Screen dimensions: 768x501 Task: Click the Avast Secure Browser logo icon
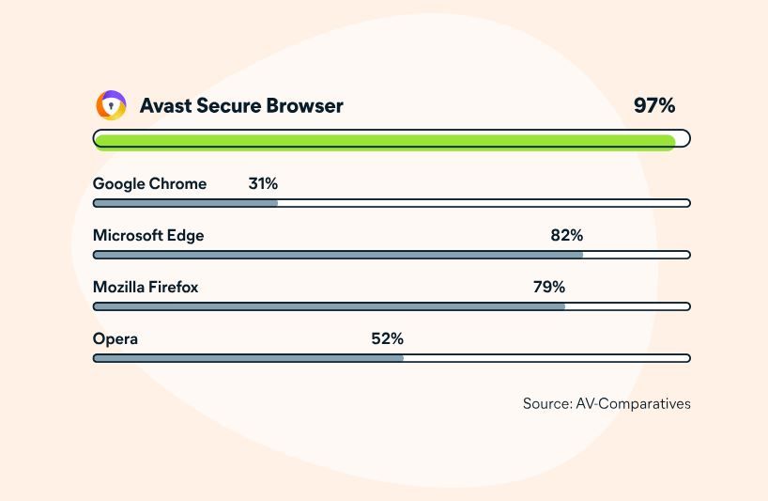pyautogui.click(x=111, y=105)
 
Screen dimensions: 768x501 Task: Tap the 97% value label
pyautogui.click(x=654, y=105)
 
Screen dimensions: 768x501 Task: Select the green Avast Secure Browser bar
pyautogui.click(x=385, y=141)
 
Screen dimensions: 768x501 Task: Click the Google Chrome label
pyautogui.click(x=149, y=184)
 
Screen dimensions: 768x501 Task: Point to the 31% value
pyautogui.click(x=263, y=183)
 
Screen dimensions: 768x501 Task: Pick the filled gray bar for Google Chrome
pyautogui.click(x=186, y=203)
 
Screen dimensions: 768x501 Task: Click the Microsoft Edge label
pyautogui.click(x=148, y=235)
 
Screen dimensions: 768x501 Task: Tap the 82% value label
pyautogui.click(x=567, y=235)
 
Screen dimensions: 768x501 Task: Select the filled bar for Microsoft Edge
pyautogui.click(x=338, y=255)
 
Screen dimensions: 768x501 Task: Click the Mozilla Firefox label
pyautogui.click(x=146, y=287)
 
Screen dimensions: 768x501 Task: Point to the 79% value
pyautogui.click(x=549, y=287)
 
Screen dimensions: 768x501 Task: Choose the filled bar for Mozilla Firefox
pyautogui.click(x=330, y=306)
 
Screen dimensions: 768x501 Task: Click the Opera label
pyautogui.click(x=115, y=338)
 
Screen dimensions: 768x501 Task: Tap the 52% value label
pyautogui.click(x=388, y=338)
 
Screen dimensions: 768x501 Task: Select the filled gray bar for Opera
pyautogui.click(x=248, y=358)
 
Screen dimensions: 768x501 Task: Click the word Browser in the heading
pyautogui.click(x=304, y=106)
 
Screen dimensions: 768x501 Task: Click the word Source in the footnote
pyautogui.click(x=547, y=403)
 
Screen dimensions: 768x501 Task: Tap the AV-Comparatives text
pyautogui.click(x=634, y=403)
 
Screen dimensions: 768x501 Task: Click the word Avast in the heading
pyautogui.click(x=165, y=106)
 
